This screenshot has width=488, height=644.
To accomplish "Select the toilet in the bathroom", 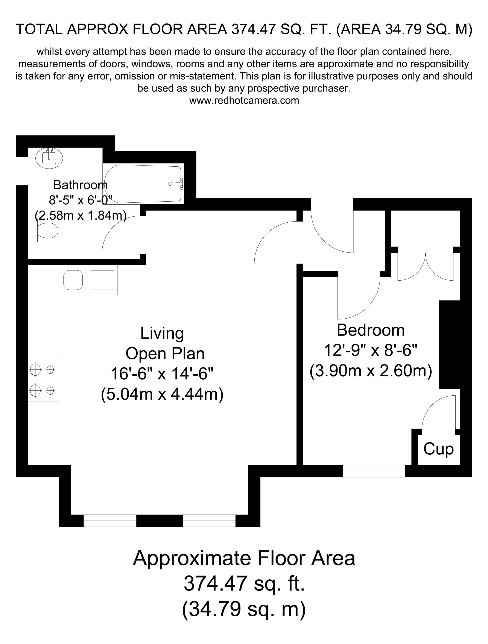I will click(47, 231).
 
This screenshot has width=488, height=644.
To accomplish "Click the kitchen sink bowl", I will click(73, 280).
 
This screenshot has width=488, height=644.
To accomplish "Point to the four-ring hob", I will click(43, 380).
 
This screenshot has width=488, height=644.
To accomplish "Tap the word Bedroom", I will click(370, 330).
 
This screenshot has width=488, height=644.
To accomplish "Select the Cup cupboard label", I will click(438, 449).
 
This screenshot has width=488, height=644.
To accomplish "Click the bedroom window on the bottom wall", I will click(374, 471).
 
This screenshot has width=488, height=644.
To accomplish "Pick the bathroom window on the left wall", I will click(22, 171).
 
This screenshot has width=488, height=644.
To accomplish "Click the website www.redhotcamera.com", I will click(244, 100).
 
